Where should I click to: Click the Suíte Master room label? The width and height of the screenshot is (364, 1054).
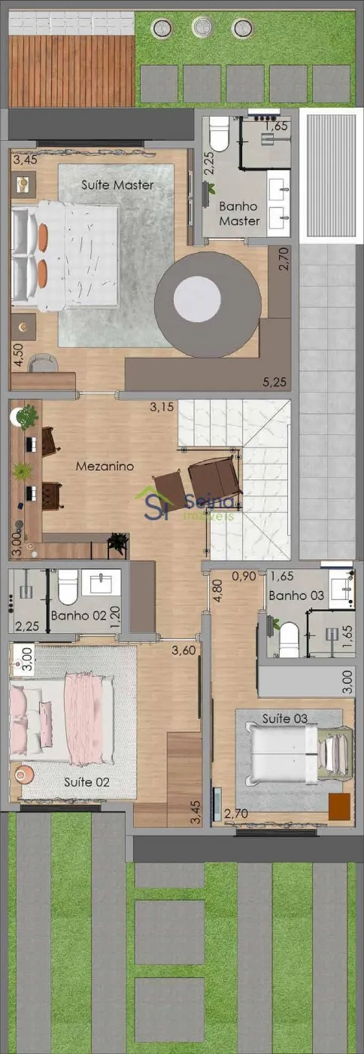coord(117,185)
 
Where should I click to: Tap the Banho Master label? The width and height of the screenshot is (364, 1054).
coord(239,214)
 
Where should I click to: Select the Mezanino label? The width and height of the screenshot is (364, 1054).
coord(105,466)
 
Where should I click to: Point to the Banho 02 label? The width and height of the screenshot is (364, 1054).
coord(78,616)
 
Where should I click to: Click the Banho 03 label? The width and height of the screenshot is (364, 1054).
coord(296,596)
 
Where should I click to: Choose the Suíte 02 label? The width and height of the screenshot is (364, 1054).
coord(86,782)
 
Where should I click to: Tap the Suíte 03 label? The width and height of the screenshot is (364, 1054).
coord(284,718)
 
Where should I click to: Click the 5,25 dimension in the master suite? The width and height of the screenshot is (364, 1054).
coord(275,382)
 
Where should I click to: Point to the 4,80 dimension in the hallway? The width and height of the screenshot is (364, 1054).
coord(217,590)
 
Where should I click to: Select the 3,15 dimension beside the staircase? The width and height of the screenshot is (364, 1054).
coord(162,407)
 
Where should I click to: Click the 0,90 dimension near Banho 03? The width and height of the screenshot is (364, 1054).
coord(244,576)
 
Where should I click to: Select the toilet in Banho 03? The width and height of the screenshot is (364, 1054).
coord(290,639)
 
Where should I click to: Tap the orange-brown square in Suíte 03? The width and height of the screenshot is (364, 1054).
coord(339,806)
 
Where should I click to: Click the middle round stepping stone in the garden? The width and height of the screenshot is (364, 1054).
coord(203,27)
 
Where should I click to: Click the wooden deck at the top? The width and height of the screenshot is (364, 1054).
coord(71,71)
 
